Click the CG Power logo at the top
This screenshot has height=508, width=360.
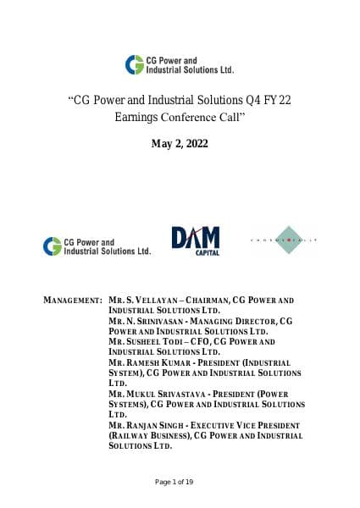pos(180,64)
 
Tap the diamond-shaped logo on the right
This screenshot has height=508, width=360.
pos(284,241)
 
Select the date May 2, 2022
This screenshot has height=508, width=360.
pos(180,144)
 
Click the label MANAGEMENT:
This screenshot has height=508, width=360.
pos(73,301)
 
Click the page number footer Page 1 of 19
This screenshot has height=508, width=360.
pos(180,482)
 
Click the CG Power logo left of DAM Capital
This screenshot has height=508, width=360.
pos(97,246)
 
